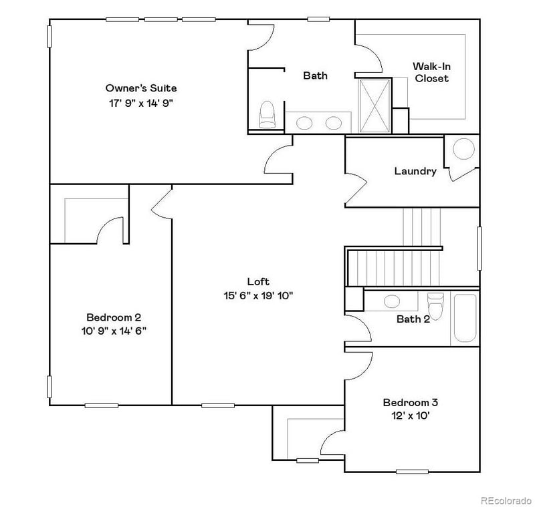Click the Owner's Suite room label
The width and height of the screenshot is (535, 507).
(141, 88)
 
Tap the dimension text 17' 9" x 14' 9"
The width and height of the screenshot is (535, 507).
(141, 103)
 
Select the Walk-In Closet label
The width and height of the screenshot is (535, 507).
(431, 72)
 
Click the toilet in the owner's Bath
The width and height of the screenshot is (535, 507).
(267, 115)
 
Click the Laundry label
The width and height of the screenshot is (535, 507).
(415, 171)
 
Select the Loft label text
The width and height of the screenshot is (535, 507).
(258, 282)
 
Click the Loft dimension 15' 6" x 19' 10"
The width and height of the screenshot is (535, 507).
(259, 296)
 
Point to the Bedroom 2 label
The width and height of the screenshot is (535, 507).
(114, 317)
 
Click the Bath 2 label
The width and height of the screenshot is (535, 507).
(413, 319)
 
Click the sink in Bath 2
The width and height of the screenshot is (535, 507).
(393, 301)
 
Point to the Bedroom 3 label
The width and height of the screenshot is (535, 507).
(410, 402)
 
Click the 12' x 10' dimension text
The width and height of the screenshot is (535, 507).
(410, 416)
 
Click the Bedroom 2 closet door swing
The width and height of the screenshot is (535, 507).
(111, 230)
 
